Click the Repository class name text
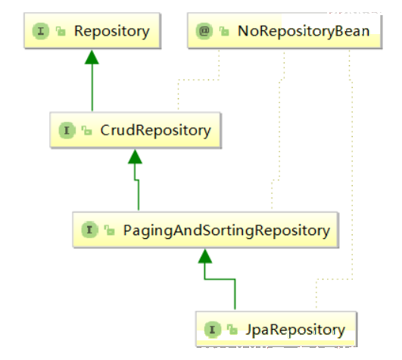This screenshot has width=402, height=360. [x=112, y=32]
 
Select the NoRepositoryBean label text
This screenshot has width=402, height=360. [x=304, y=31]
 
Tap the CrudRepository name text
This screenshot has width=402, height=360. [x=156, y=131]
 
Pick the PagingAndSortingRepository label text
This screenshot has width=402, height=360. [x=226, y=231]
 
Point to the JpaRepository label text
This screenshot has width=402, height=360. [x=295, y=330]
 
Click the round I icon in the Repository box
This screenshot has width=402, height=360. [x=41, y=31]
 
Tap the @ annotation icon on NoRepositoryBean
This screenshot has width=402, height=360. [x=204, y=31]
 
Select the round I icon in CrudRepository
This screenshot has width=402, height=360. [x=67, y=130]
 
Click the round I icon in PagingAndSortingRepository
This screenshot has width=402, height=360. [x=89, y=229]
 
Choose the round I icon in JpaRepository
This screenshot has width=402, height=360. [x=213, y=330]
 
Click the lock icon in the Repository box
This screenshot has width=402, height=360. [x=61, y=31]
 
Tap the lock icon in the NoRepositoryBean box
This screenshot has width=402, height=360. [x=224, y=31]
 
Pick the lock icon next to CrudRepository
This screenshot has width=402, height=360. [x=86, y=130]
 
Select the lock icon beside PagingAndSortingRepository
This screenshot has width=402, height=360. [x=110, y=230]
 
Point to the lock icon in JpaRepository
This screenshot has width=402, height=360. [x=232, y=329]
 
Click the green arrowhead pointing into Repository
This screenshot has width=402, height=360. [x=92, y=57]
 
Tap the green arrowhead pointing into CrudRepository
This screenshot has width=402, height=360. [x=135, y=157]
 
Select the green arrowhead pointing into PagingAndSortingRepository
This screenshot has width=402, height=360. [x=205, y=256]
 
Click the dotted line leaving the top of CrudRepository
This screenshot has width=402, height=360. [x=198, y=79]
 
